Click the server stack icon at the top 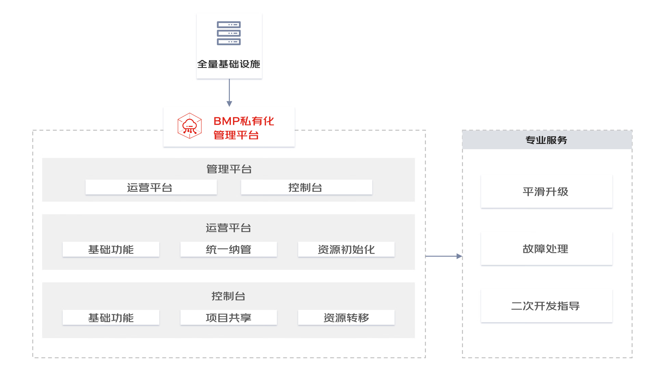tap(229, 33)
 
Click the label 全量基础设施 tap(229, 64)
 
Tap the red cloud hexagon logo tap(189, 126)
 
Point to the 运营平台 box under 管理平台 tap(151, 187)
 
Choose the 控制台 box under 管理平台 tap(306, 187)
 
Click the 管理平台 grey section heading tap(229, 169)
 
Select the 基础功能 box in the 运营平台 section tap(111, 250)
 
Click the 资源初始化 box tap(346, 250)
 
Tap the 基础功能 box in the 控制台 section tap(111, 318)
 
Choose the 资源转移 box tap(346, 318)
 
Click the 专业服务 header tap(547, 140)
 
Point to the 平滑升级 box tap(546, 191)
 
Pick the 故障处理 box tap(546, 249)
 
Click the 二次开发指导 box tap(546, 306)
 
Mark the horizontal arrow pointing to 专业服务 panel tap(443, 256)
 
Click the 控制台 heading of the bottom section tap(228, 296)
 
